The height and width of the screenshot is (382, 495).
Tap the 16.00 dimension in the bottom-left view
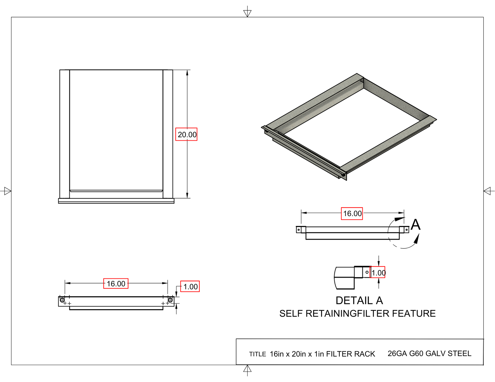[116, 283]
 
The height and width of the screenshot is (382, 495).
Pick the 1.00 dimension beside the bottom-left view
[190, 286]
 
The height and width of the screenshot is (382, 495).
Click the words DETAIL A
[359, 300]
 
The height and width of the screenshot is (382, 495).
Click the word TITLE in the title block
[257, 354]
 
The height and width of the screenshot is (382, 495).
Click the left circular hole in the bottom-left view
[62, 300]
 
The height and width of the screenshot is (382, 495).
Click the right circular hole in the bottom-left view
[170, 300]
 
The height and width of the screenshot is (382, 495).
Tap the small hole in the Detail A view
[367, 272]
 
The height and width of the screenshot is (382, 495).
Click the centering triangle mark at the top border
[247, 13]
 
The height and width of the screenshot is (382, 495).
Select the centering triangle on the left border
[7, 191]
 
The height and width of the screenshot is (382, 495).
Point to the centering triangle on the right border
[487, 191]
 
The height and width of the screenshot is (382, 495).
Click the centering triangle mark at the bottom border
[247, 369]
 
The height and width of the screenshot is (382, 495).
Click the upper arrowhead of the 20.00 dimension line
[187, 73]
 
